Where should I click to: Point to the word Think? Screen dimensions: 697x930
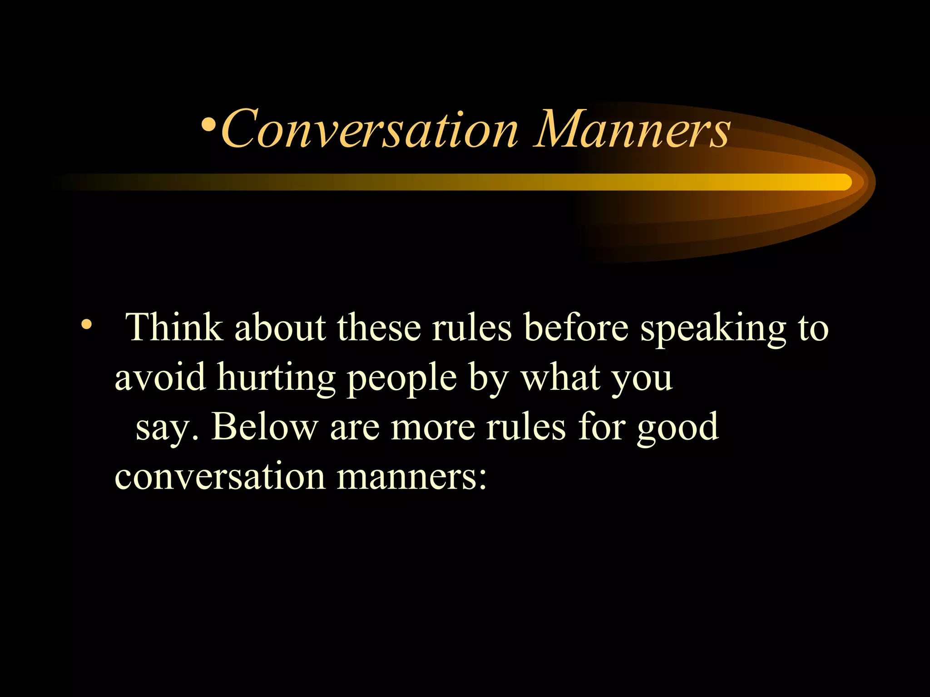[x=174, y=327]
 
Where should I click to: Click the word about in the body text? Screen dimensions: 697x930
[x=280, y=327]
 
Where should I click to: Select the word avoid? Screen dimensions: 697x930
[x=160, y=378]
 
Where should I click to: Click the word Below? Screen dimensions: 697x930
[x=264, y=427]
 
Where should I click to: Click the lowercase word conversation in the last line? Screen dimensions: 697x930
[x=220, y=477]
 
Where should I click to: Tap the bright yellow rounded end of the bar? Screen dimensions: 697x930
[x=843, y=182]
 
